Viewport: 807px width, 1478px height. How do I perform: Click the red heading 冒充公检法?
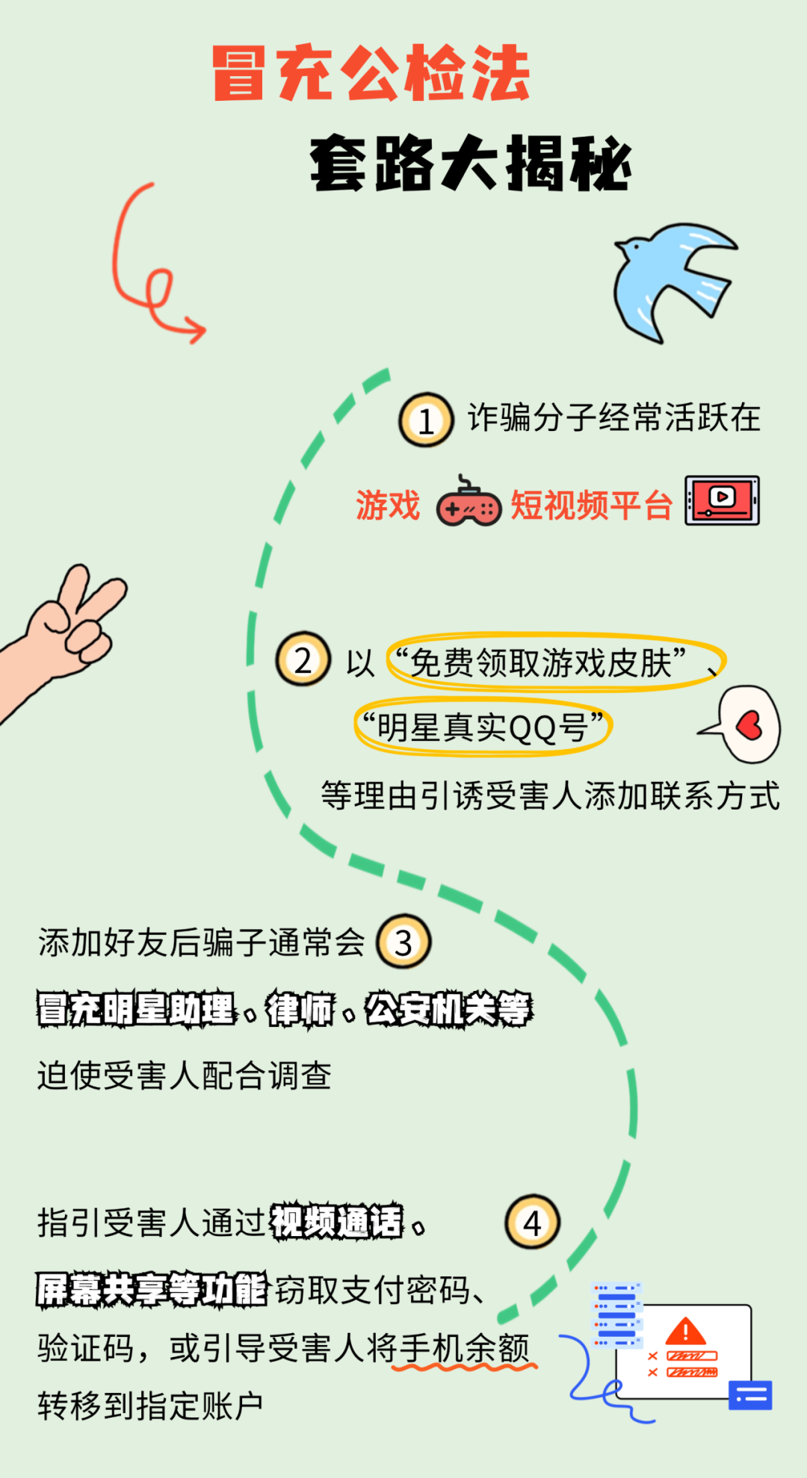tap(371, 72)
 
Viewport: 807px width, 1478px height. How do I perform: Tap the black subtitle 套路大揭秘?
tap(471, 163)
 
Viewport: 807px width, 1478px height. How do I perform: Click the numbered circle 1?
tap(426, 420)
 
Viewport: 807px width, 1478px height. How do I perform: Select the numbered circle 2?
tap(303, 659)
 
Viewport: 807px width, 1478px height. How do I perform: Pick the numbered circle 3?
tap(403, 942)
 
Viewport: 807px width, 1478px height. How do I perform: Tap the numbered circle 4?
tap(532, 1223)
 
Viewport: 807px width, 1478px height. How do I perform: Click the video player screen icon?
tap(722, 500)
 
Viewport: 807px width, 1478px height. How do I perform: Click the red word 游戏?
tap(388, 506)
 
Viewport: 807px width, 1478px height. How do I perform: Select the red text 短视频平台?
tap(591, 506)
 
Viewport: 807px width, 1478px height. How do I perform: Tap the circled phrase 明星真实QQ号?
tap(482, 727)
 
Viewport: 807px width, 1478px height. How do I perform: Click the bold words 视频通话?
tap(336, 1223)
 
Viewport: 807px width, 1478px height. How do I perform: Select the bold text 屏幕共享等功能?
tap(152, 1289)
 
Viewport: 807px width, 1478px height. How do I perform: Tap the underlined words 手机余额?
tap(464, 1348)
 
